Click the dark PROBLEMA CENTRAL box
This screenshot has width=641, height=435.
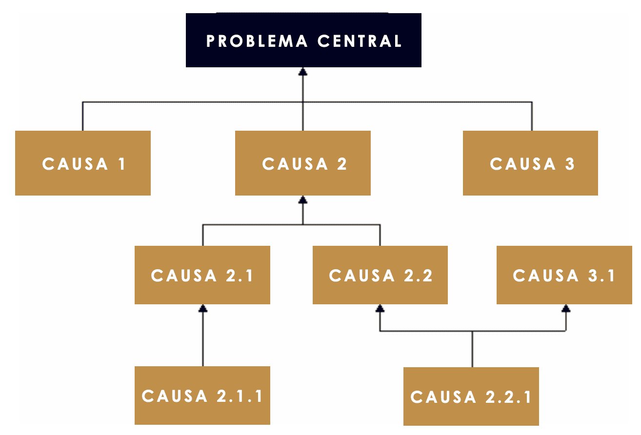303,40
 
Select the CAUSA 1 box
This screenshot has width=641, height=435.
83,163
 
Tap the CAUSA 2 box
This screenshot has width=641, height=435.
303,163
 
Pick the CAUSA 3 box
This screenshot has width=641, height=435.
530,163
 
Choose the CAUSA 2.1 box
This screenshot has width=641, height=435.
202,275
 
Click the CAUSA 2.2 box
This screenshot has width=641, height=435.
380,275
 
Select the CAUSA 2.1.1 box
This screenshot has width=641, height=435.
202,395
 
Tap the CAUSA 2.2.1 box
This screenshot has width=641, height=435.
471,396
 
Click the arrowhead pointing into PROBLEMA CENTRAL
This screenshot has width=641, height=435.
303,71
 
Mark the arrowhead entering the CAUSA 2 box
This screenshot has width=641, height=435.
303,199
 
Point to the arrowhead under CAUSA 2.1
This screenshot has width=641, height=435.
203,308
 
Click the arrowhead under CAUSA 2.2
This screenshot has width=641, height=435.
380,308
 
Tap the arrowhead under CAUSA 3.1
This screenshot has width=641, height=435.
566,308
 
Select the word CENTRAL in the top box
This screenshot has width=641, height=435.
360,40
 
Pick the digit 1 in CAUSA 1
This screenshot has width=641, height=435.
121,164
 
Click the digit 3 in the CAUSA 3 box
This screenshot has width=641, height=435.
570,164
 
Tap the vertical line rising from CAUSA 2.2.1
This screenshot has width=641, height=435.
472,349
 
